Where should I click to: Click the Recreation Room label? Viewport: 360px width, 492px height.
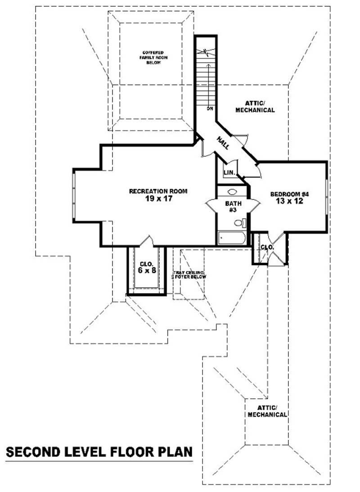click(158, 191)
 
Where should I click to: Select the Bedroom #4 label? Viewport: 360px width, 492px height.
click(289, 194)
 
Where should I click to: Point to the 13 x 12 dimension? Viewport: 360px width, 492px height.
click(289, 201)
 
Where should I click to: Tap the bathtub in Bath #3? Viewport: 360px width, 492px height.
click(231, 238)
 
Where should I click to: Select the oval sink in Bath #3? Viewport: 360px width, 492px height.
click(232, 192)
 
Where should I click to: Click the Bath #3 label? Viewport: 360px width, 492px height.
click(233, 207)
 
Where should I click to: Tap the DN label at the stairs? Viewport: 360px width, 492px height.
click(210, 109)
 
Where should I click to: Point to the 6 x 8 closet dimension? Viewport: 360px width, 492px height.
click(147, 271)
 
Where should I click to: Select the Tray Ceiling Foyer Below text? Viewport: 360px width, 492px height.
click(190, 275)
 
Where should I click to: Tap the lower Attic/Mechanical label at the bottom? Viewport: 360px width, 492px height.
click(267, 411)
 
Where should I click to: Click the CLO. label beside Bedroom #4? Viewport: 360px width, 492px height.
click(267, 247)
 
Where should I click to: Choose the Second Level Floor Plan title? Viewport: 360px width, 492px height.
click(99, 451)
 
